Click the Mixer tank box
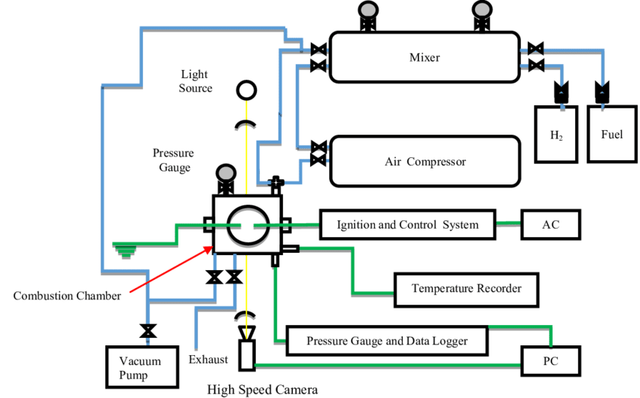click(424, 57)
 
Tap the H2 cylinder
click(556, 135)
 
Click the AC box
click(550, 224)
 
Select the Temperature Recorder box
click(466, 289)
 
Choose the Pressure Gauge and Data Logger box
click(387, 341)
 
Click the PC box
click(550, 362)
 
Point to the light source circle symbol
click(245, 91)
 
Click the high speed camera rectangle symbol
click(246, 354)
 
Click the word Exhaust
click(209, 359)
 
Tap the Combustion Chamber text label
click(67, 296)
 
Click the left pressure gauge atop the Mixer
click(367, 11)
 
